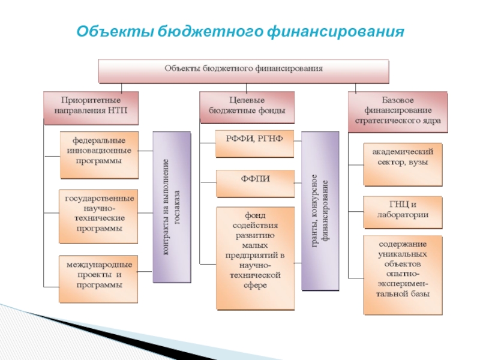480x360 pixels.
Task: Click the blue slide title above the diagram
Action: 240,30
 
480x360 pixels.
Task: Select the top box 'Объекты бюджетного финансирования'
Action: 244,69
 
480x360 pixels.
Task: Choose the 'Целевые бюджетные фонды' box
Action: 247,106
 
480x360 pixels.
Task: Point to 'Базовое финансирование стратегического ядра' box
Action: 398,111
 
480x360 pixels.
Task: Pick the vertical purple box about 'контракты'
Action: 172,208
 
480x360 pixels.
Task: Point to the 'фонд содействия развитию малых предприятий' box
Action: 255,258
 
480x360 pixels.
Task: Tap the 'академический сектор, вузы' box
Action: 403,163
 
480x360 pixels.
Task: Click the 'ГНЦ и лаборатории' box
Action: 403,212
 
